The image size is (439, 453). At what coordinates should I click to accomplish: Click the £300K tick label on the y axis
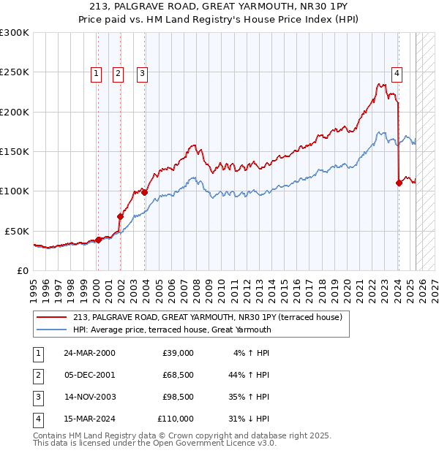point(15,33)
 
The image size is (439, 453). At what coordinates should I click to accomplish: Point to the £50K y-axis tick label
point(17,231)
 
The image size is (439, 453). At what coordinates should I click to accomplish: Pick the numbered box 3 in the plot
point(141,72)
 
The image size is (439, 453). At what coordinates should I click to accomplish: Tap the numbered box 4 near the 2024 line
point(396,72)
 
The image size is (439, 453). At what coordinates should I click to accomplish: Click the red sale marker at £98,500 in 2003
point(145,193)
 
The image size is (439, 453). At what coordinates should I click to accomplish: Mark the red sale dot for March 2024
point(399,183)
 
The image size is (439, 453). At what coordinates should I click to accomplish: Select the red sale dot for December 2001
point(121,216)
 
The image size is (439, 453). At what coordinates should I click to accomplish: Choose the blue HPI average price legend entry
point(172,330)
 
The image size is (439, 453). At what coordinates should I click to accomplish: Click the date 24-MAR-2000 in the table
point(89,353)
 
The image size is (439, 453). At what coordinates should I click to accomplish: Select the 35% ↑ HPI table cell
point(249,397)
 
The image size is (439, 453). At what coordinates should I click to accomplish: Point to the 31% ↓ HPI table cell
point(249,419)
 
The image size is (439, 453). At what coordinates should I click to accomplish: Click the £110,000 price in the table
point(175,419)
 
